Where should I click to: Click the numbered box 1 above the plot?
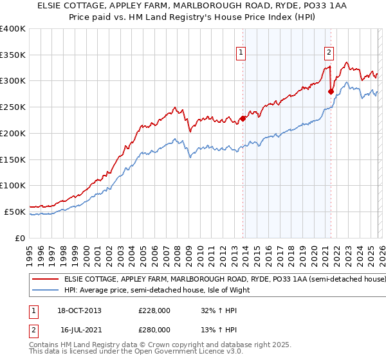(x=241, y=53)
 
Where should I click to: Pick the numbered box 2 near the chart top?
(x=329, y=53)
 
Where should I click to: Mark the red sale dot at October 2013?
(x=243, y=118)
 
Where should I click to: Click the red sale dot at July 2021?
(x=331, y=91)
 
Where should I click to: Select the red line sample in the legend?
(x=46, y=280)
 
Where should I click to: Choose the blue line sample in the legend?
(x=46, y=290)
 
